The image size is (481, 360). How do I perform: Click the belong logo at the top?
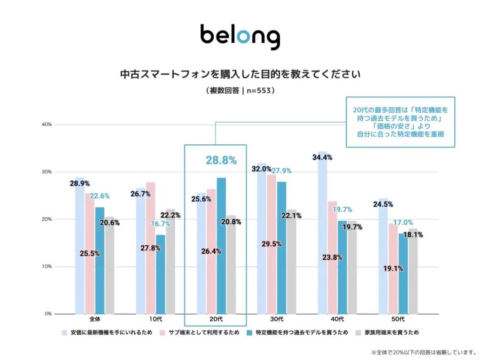(240, 37)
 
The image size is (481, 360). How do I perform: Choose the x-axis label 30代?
(277, 320)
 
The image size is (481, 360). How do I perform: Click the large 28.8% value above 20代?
(221, 160)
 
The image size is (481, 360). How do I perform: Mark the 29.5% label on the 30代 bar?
(272, 244)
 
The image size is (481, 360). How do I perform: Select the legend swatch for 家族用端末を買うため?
(359, 333)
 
